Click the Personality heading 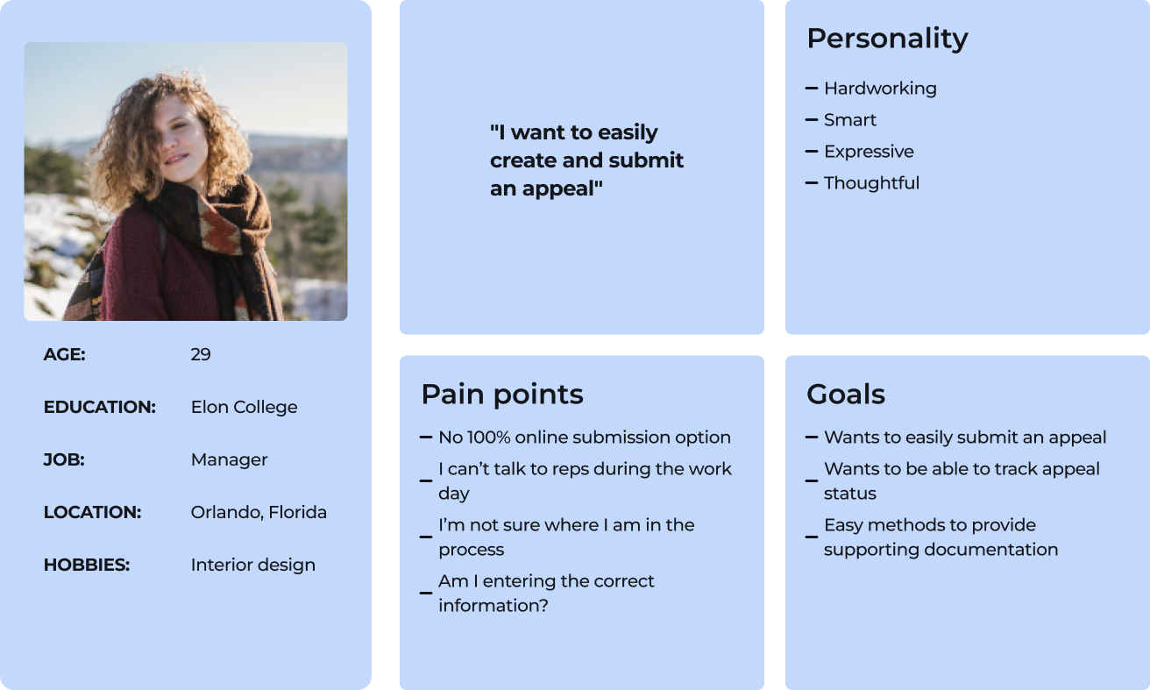(x=887, y=39)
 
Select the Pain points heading (x=502, y=395)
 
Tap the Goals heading (x=846, y=395)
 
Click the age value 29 (x=200, y=354)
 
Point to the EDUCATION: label (x=100, y=407)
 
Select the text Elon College (x=244, y=408)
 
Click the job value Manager (x=229, y=460)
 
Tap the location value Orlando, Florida (x=259, y=512)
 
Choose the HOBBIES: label (x=87, y=565)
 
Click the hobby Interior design (x=253, y=566)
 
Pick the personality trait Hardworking (x=880, y=89)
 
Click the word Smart (x=849, y=120)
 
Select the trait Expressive (x=869, y=152)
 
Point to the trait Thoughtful (x=871, y=183)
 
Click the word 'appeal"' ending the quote (x=562, y=189)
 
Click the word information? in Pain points (x=493, y=606)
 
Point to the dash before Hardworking (x=812, y=89)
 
